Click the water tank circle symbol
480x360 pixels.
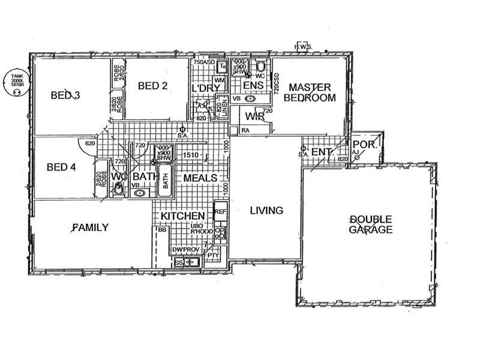[16, 82]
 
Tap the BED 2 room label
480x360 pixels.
[152, 86]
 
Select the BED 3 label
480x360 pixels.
[65, 95]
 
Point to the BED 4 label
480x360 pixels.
[61, 167]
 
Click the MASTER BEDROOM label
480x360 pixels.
[310, 92]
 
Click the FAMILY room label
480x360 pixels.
[90, 227]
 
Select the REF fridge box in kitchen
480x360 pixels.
[220, 212]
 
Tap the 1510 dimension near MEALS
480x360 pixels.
[191, 155]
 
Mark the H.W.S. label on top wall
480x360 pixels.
[304, 48]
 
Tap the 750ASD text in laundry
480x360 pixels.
[204, 62]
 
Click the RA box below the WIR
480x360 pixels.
[245, 130]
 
